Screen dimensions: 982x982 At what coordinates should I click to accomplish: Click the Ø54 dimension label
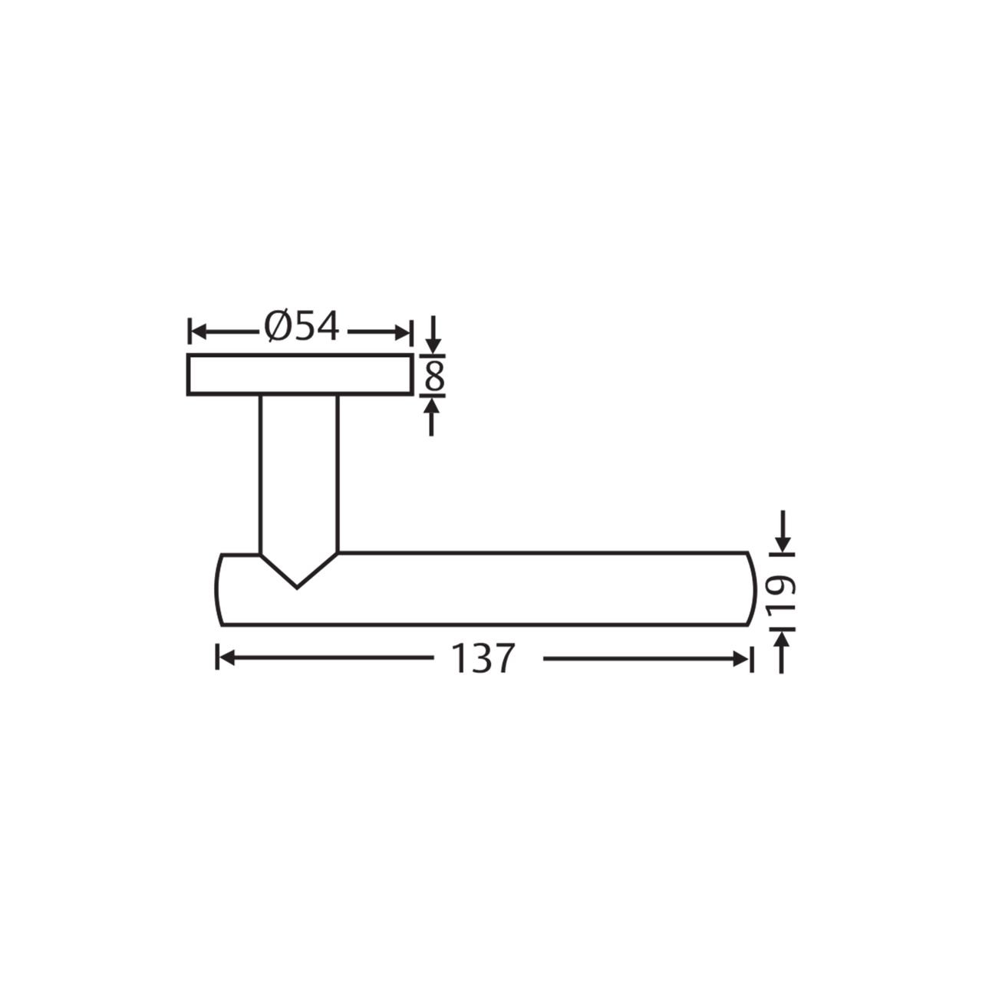(x=302, y=326)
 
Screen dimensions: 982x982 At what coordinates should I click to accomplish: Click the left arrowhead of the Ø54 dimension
(x=198, y=333)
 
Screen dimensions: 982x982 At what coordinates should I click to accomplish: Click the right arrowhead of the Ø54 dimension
(x=402, y=333)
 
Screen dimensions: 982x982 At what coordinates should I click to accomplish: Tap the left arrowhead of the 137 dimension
(x=226, y=659)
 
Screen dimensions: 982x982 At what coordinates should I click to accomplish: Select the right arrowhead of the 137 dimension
(x=740, y=659)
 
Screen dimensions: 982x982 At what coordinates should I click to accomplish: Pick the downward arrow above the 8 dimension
(x=433, y=334)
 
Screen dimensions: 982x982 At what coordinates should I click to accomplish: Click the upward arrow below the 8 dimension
(x=432, y=417)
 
